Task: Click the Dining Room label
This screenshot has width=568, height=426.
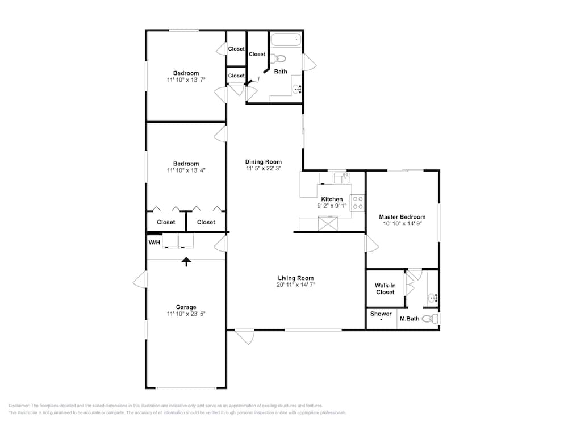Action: pos(264,161)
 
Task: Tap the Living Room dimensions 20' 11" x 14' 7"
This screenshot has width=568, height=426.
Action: pos(295,285)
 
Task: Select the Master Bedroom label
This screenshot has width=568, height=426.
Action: pos(402,216)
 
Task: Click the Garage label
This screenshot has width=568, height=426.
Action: pos(186,307)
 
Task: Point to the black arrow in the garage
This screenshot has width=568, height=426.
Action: pos(186,262)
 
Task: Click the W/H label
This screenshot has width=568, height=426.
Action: pos(154,243)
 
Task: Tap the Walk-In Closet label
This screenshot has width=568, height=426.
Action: pos(385,289)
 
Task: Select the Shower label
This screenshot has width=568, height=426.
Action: pos(381,314)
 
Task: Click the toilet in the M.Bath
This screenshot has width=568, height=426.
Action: pos(431,319)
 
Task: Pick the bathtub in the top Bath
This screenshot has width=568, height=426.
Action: pos(286,39)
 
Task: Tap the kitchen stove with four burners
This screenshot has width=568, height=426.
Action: pos(357,203)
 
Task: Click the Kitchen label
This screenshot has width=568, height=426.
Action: pos(332,199)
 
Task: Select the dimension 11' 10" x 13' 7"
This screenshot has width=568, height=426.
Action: pos(186,80)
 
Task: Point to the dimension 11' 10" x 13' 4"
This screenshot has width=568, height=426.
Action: pos(186,170)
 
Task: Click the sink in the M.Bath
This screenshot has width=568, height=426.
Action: pos(433,298)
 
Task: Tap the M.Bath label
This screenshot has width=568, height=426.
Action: pos(410,319)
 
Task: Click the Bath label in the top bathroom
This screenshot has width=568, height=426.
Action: pos(281,72)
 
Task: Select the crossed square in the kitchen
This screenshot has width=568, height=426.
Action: pos(328,223)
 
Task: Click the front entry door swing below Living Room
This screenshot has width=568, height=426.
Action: pos(244,337)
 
